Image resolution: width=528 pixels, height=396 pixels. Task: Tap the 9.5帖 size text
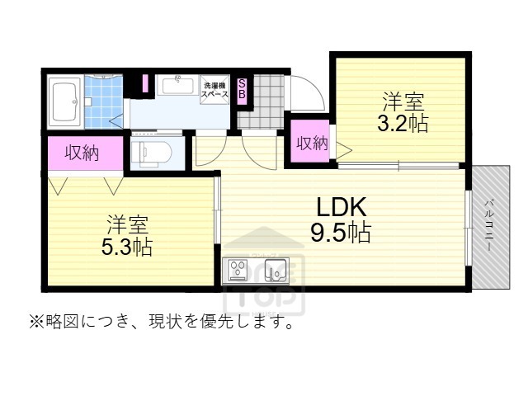pos(340,233)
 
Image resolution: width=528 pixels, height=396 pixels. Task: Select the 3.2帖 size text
pos(402,125)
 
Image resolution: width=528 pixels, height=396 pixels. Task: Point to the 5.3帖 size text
pos(126,247)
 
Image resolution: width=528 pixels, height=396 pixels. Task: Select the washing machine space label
pos(214,88)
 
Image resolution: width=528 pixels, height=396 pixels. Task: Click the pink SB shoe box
pos(243,88)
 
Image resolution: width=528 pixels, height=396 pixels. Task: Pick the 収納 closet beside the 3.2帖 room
pos(311,144)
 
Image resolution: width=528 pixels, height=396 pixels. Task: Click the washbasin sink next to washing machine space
pos(174,85)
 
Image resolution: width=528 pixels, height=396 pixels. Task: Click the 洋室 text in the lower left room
pos(126,224)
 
